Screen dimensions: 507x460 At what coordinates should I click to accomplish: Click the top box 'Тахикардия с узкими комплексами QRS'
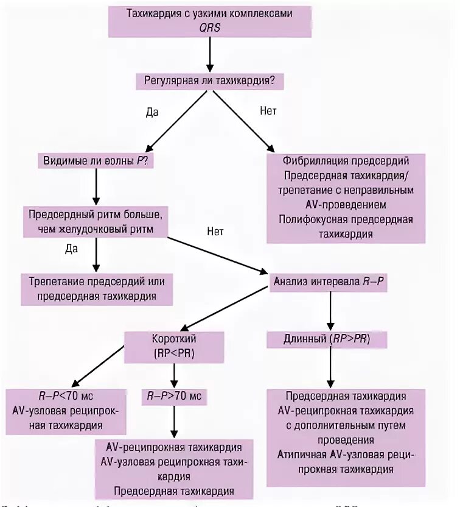[x=209, y=21]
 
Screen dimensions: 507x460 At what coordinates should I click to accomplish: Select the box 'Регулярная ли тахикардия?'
[x=209, y=79]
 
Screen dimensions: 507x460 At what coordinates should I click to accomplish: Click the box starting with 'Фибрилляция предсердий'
[x=345, y=197]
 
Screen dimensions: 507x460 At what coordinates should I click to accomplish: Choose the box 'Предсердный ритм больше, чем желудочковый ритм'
[x=96, y=222]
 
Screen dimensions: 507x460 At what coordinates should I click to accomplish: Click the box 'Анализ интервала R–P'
[x=329, y=282]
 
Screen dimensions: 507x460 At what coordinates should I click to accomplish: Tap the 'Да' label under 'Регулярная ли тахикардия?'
[x=152, y=113]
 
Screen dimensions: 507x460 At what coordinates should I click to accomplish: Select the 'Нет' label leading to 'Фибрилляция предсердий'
[x=268, y=112]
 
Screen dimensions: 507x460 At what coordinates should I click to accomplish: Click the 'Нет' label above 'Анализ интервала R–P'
[x=215, y=232]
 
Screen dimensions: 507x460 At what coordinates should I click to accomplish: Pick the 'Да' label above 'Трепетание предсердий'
[x=72, y=248]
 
